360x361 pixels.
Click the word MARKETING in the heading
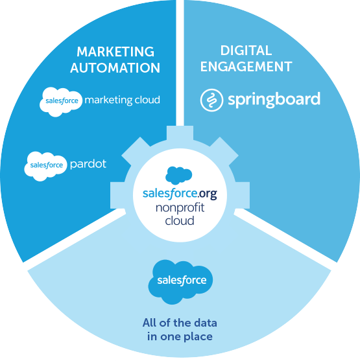115,52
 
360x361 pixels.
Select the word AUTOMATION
115,67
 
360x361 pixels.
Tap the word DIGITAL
246,51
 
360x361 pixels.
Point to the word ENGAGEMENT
246,67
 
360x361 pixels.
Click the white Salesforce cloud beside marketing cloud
60,102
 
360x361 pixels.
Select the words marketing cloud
122,100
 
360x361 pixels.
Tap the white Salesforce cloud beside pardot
45,166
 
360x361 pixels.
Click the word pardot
88,165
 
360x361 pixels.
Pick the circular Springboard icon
211,100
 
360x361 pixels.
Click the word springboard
274,100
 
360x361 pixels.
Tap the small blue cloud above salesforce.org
178,176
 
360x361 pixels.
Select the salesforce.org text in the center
180,193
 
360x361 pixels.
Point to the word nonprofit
180,208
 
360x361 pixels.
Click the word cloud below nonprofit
180,220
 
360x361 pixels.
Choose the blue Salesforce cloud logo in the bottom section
180,282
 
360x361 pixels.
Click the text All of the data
180,323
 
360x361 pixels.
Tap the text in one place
180,336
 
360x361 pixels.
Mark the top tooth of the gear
180,133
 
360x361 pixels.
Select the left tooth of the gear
117,196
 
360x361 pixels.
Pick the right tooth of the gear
242,196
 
